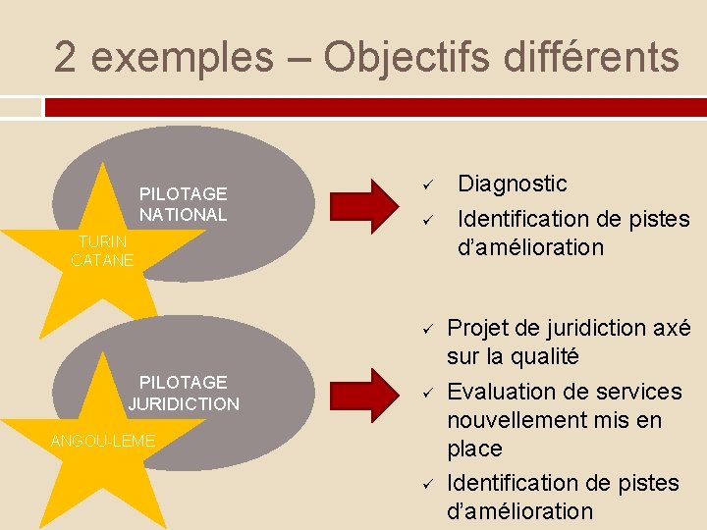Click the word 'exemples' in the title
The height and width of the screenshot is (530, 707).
(x=182, y=57)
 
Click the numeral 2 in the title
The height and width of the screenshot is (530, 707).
(x=66, y=57)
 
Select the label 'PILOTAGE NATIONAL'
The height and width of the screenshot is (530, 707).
(x=183, y=204)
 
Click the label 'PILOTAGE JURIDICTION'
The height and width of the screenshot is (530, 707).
(x=183, y=393)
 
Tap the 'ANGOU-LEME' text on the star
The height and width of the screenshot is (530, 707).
(x=102, y=442)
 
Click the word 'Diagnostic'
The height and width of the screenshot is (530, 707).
(x=513, y=184)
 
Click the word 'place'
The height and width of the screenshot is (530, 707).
(x=474, y=449)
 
